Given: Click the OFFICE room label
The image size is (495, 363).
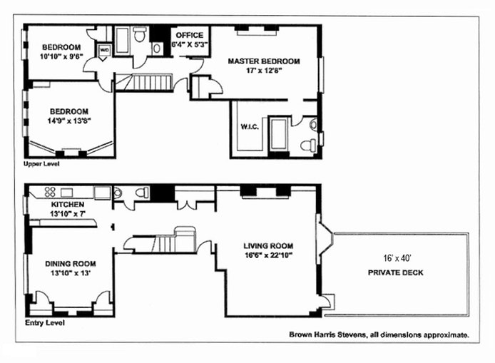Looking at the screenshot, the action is [x=190, y=35].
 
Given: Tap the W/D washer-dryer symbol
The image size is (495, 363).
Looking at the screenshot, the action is [x=104, y=51].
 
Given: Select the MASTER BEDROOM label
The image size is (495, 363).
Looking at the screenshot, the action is [x=264, y=61].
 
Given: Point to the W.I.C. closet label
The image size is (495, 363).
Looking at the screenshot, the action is [x=250, y=127].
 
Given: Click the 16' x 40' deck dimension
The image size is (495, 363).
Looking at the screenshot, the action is [x=397, y=258].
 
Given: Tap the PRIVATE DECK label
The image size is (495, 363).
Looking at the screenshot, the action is [x=396, y=272].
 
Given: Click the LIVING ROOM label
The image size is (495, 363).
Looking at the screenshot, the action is [x=268, y=245].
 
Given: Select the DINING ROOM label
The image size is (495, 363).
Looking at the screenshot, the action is [x=71, y=264].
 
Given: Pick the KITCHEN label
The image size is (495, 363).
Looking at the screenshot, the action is [x=68, y=204].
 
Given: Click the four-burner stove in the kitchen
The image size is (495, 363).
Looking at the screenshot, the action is [x=50, y=193].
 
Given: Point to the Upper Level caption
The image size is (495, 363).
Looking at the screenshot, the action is [x=41, y=164].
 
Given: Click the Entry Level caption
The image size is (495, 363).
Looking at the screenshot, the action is [x=45, y=323].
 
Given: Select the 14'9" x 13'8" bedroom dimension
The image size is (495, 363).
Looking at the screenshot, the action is [x=69, y=121].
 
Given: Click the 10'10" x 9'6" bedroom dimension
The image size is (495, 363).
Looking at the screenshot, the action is [x=61, y=57].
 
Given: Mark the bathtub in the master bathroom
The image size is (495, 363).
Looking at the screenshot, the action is [x=278, y=133].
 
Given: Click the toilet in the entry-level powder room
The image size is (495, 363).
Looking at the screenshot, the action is [x=143, y=193].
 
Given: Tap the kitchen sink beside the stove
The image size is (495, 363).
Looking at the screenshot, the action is [x=66, y=193].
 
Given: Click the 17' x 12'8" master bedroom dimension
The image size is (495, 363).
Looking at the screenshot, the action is [x=264, y=71].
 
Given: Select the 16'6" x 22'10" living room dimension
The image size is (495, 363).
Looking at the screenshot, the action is [x=268, y=255].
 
